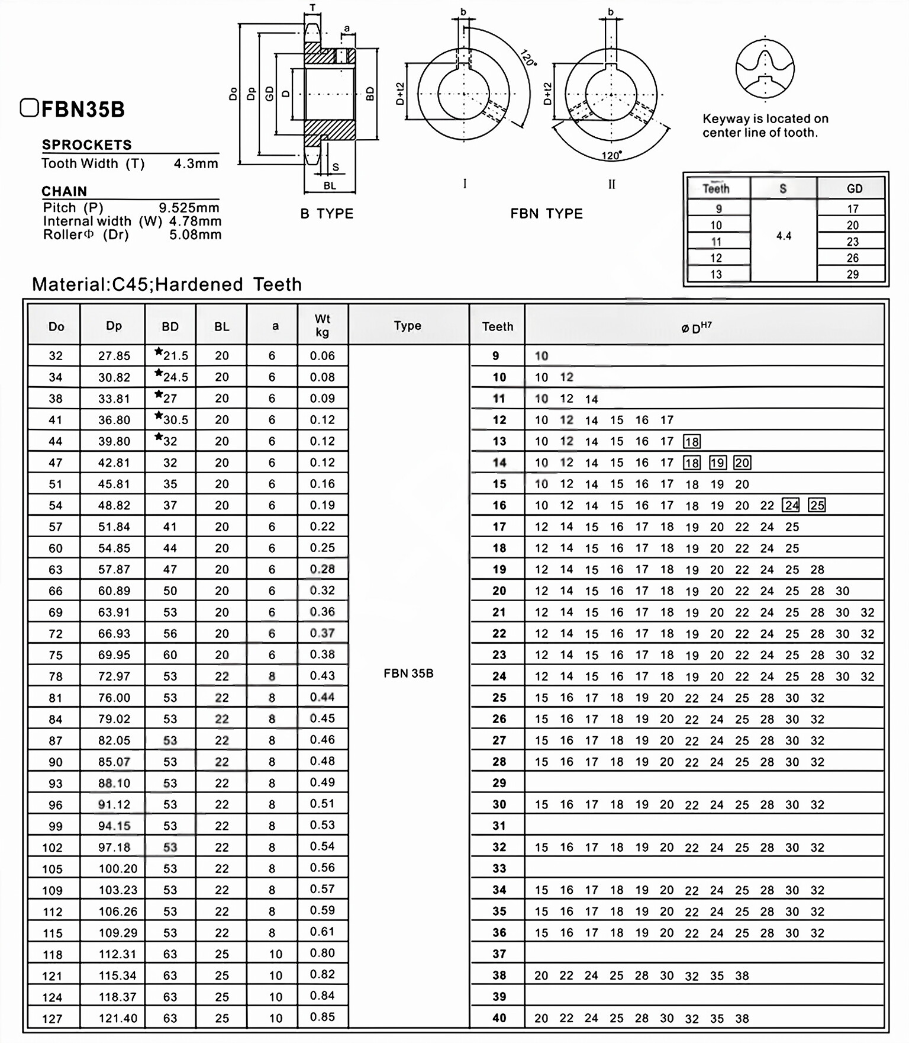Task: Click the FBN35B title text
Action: click(x=83, y=110)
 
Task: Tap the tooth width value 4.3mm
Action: click(x=196, y=163)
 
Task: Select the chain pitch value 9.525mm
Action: click(x=189, y=208)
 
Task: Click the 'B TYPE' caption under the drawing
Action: click(x=327, y=214)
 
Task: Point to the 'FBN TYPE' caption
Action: click(x=546, y=214)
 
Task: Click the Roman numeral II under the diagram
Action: click(x=611, y=185)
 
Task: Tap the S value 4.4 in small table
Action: click(x=784, y=236)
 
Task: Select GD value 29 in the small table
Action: click(x=852, y=274)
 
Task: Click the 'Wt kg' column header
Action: click(x=323, y=325)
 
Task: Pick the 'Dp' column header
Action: click(x=114, y=326)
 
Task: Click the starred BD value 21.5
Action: click(x=172, y=355)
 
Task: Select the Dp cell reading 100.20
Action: click(x=118, y=869)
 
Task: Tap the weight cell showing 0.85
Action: click(x=323, y=1017)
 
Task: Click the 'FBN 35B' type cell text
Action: click(x=408, y=673)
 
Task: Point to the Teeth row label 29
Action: click(x=499, y=783)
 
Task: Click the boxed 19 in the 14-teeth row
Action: click(x=717, y=463)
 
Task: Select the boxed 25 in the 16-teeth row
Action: click(x=817, y=505)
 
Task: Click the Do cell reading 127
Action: click(x=52, y=1019)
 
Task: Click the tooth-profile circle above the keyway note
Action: click(x=765, y=69)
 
